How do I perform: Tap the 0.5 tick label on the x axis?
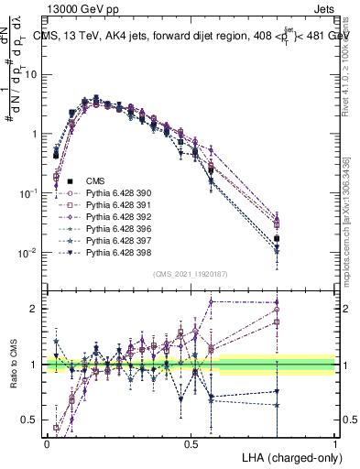click(191, 442)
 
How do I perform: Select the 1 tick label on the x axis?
click(335, 442)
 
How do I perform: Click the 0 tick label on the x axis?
click(47, 442)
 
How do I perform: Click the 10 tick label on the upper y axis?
click(31, 74)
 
